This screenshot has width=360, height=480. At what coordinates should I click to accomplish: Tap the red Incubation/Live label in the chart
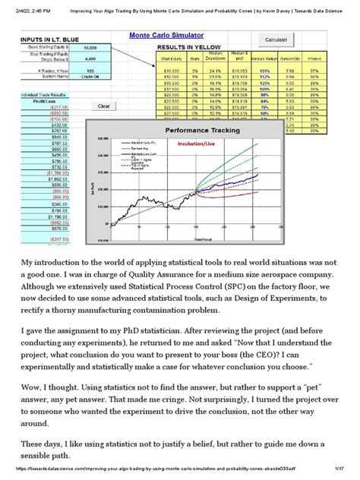pyautogui.click(x=208, y=142)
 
